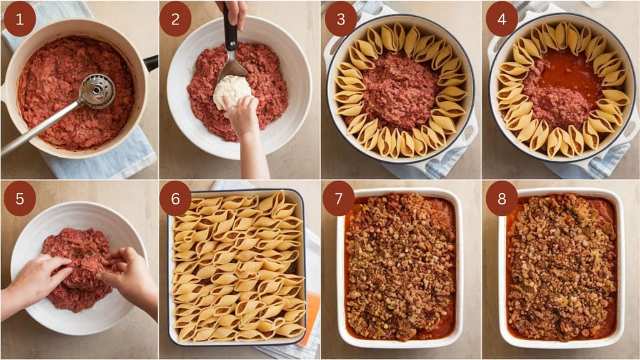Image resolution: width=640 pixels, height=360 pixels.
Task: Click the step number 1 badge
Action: coord(19,19)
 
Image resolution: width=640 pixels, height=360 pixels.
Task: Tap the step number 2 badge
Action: coord(176,19)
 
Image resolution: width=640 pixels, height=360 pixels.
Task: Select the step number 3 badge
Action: coord(341,19)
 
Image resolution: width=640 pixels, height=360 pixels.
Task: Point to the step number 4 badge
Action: coord(502,19)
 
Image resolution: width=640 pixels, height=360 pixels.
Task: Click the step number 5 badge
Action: coord(19,199)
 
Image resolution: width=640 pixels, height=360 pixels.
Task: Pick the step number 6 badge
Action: coord(176,199)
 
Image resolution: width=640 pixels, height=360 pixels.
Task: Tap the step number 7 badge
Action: coord(339,199)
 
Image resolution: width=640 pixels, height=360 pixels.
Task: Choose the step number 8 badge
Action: coord(502,199)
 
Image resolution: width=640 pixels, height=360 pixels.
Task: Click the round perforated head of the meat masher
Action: coord(97,91)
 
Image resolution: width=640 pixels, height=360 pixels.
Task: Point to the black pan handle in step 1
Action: coord(151,63)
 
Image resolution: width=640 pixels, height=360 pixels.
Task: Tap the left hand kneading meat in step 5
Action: coord(36,279)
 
